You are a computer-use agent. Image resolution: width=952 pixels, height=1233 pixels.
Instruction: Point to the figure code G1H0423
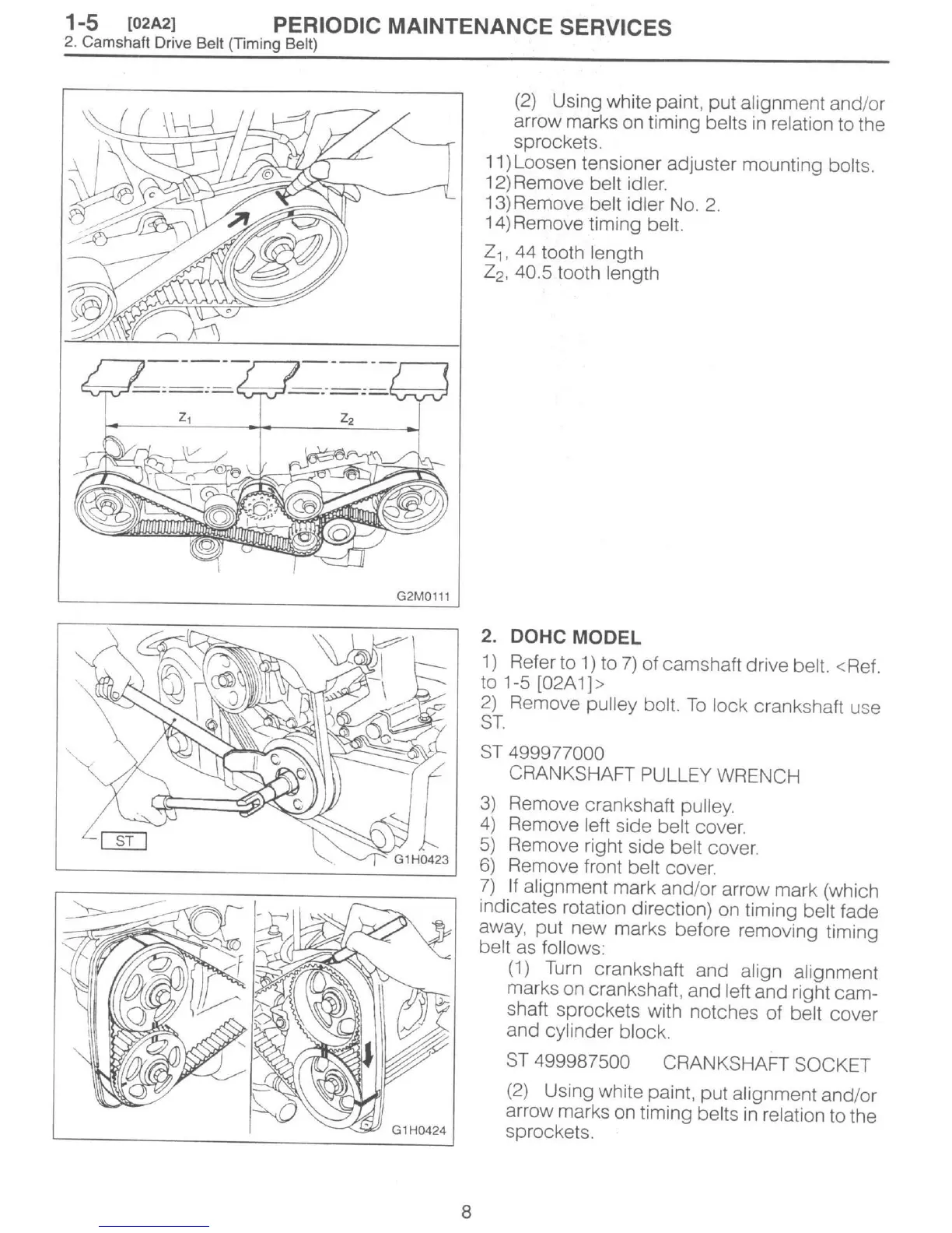pyautogui.click(x=421, y=859)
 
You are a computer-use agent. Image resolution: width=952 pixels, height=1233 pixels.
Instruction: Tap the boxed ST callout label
pyautogui.click(x=124, y=840)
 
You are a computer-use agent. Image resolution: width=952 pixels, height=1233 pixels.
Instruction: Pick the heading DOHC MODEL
pyautogui.click(x=575, y=638)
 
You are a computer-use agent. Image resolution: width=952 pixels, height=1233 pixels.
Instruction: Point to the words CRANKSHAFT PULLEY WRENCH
pyautogui.click(x=654, y=775)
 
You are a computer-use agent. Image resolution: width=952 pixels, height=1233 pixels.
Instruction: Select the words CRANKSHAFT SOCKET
pyautogui.click(x=766, y=1064)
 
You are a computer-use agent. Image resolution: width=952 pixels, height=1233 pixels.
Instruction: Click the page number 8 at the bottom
pyautogui.click(x=466, y=1211)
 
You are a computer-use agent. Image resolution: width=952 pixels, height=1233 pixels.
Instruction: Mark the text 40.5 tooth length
pyautogui.click(x=600, y=273)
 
